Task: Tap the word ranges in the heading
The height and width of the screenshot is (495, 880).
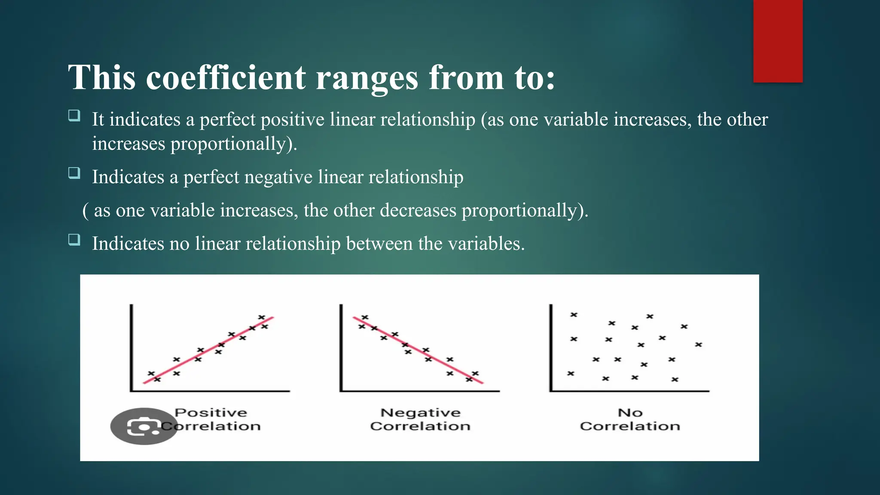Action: click(x=367, y=78)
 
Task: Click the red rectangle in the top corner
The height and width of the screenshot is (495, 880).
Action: click(x=778, y=41)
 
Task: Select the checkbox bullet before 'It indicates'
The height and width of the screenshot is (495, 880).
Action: click(x=74, y=116)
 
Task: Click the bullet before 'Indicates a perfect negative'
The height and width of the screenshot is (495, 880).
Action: click(x=74, y=173)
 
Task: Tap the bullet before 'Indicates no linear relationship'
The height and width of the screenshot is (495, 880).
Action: click(x=74, y=240)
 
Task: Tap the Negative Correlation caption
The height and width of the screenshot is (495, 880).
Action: click(x=420, y=419)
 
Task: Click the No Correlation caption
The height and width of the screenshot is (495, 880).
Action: click(x=630, y=419)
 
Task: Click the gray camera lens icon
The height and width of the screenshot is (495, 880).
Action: click(x=144, y=426)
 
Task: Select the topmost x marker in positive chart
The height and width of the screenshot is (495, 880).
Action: click(x=261, y=318)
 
